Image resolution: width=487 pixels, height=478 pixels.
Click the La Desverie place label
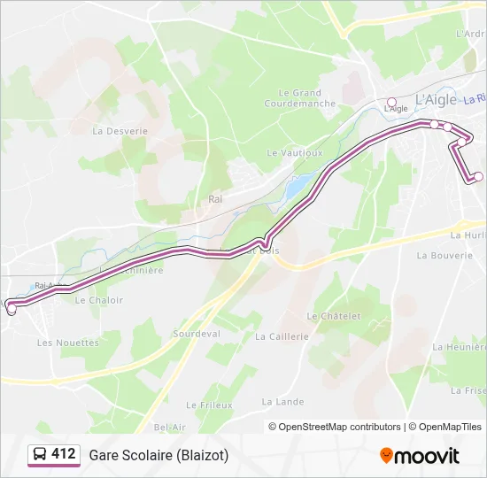120,130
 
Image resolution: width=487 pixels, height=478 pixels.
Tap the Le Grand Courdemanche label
299,97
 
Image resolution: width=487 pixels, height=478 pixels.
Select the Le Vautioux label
295,152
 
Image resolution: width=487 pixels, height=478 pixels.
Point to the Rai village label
215,199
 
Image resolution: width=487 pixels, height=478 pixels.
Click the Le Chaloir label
99,300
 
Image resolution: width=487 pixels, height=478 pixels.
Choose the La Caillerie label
282,336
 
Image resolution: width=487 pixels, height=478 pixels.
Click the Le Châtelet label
334,316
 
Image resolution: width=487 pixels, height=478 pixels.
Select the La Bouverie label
444,255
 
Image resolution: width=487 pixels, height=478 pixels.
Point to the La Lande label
282,401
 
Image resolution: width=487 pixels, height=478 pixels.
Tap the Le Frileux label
209,405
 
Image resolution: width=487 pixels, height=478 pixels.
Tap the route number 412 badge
63,454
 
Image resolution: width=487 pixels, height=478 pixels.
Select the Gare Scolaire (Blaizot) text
158,455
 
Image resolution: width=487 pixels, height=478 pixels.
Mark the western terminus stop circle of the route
11,307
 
